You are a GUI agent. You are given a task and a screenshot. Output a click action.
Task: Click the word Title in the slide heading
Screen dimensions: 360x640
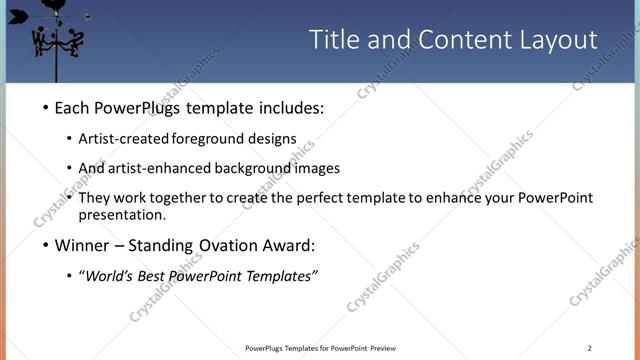[x=334, y=39]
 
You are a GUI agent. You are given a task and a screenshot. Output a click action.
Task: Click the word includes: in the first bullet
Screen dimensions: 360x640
[x=291, y=108]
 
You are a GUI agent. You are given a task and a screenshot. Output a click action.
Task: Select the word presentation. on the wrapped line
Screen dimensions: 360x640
[x=122, y=214]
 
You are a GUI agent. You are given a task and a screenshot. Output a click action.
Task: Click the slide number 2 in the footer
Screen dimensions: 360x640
[x=590, y=348]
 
